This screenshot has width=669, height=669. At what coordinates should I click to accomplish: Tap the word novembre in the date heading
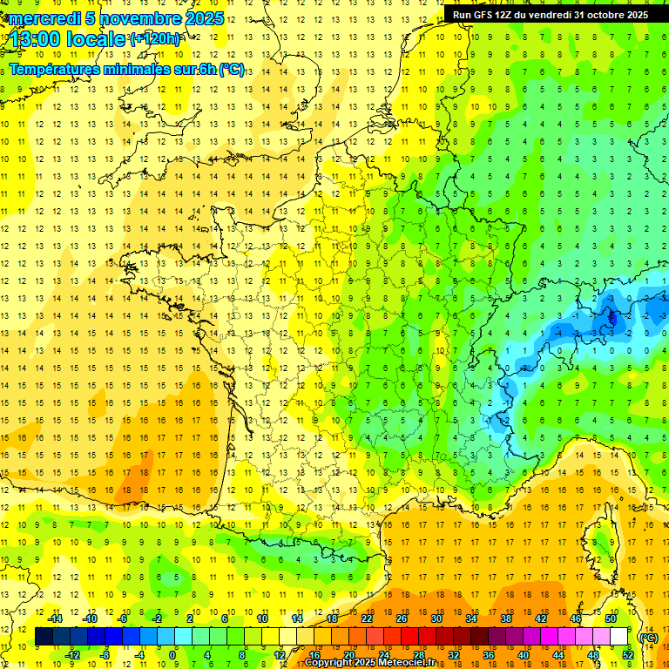click(136, 18)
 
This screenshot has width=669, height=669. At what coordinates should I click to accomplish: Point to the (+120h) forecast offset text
click(155, 39)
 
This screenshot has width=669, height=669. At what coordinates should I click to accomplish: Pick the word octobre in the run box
click(603, 15)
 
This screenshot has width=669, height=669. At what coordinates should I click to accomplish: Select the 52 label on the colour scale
click(628, 655)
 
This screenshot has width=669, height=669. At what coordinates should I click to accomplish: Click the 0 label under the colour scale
click(172, 655)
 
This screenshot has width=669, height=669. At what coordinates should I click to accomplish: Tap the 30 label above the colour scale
click(435, 618)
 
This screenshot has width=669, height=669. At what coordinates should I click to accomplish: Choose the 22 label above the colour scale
click(367, 618)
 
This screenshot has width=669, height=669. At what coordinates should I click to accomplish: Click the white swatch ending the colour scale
click(618, 637)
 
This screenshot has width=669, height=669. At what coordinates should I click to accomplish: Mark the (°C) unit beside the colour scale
click(649, 638)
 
